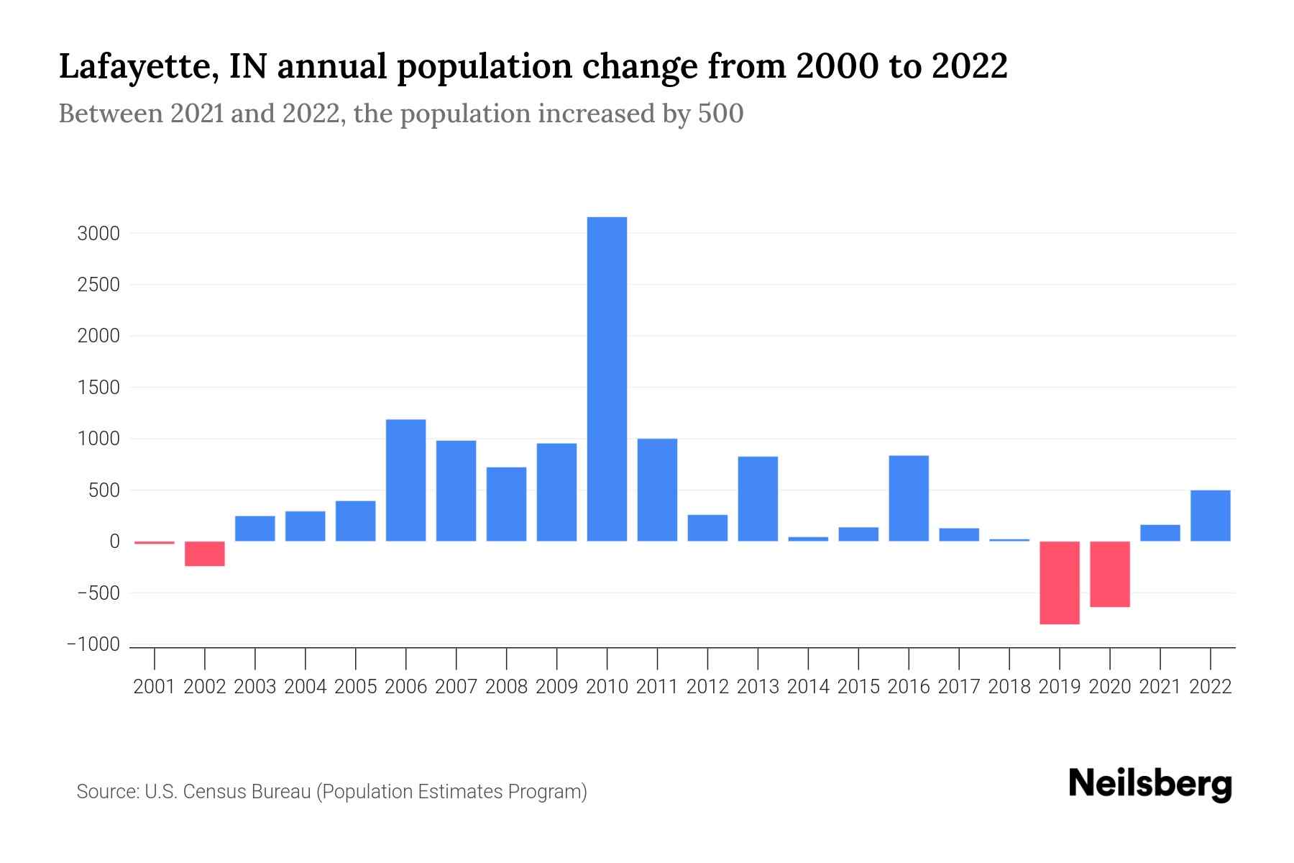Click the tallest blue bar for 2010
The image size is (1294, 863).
click(x=607, y=379)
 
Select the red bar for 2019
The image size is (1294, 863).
click(x=1060, y=583)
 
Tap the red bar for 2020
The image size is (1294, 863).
click(x=1110, y=574)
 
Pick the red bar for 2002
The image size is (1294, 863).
click(x=205, y=554)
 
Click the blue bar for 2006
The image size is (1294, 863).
click(x=405, y=480)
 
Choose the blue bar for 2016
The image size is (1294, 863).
click(x=909, y=498)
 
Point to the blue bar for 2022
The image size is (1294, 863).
click(x=1211, y=516)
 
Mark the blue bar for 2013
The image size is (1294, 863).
click(x=758, y=499)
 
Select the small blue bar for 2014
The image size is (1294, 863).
click(x=808, y=539)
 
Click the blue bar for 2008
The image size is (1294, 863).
click(x=506, y=504)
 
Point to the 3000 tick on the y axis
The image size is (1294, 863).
click(x=98, y=234)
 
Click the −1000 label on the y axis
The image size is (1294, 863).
click(x=93, y=645)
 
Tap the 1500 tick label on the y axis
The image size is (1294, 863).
click(x=98, y=388)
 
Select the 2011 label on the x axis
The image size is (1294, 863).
click(x=657, y=687)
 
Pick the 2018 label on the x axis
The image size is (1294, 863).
click(x=1009, y=687)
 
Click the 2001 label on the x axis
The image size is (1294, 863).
click(x=155, y=687)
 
